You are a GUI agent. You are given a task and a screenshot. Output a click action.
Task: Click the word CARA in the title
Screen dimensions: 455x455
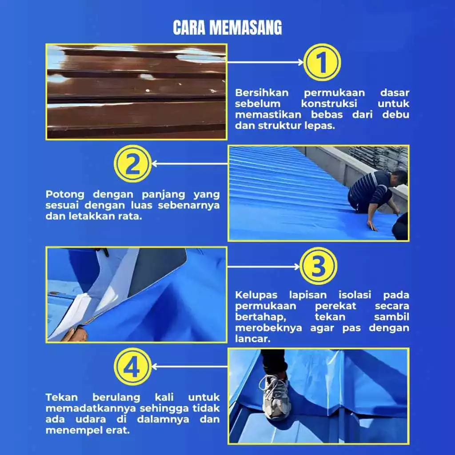(189, 28)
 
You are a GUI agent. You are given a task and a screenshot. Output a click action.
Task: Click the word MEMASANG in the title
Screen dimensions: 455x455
(245, 28)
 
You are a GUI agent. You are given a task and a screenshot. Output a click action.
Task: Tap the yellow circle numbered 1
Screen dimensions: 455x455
(322, 62)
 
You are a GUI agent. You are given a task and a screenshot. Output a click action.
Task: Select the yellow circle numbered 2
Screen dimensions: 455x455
(132, 164)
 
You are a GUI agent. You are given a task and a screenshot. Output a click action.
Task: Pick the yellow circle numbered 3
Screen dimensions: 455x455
(318, 266)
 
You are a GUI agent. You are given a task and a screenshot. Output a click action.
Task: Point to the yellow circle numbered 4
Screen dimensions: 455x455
(132, 367)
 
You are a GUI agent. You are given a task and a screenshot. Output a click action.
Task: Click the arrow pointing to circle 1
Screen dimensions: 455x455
(265, 62)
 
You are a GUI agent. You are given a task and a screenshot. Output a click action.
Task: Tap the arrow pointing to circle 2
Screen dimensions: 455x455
(190, 164)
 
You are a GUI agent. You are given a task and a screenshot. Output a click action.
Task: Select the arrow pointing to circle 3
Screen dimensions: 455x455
(263, 267)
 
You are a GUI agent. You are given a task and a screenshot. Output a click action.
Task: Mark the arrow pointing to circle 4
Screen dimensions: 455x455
(190, 367)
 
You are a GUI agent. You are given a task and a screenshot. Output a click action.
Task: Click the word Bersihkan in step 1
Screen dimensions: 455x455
(262, 92)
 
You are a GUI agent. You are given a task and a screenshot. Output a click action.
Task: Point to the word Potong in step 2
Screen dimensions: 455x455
(65, 195)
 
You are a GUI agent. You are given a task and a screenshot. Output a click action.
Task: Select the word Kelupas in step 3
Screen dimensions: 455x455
(256, 295)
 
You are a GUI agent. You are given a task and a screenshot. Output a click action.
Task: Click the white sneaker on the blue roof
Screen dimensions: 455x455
(275, 397)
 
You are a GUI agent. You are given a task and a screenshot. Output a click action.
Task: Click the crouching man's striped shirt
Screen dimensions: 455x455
(370, 188)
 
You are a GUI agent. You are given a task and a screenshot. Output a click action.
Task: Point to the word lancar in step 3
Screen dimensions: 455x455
(253, 339)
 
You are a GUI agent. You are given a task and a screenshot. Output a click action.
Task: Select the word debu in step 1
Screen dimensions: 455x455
(395, 115)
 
